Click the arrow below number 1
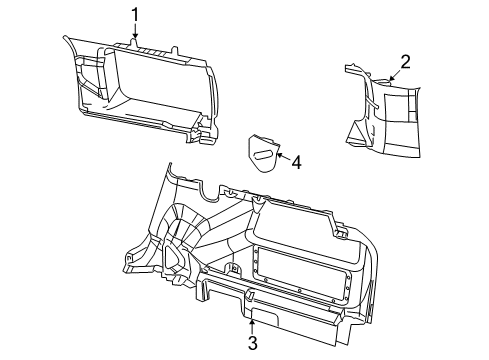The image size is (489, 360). click(135, 34)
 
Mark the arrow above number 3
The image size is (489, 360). click(252, 324)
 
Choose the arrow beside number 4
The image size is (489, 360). click(280, 157)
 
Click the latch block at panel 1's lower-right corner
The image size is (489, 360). click(207, 129)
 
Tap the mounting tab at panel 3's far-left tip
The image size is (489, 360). click(130, 266)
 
